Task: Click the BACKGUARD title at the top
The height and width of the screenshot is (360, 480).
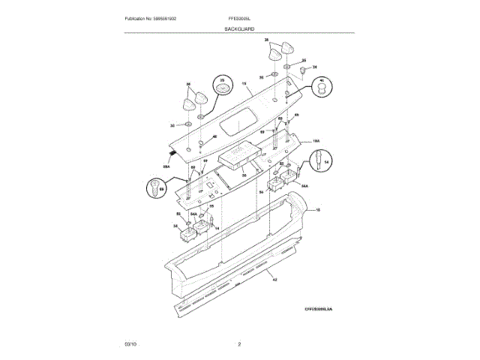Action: coord(239,28)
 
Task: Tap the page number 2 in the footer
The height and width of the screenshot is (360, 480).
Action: coord(239,343)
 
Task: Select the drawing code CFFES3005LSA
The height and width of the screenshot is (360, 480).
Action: coord(317,308)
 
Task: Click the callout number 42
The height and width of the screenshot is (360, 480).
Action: coord(274,279)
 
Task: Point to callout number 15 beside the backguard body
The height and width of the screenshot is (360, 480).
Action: coord(317,211)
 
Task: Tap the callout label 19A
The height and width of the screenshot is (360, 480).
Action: coord(316,139)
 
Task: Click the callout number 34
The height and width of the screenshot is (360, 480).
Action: coord(315,67)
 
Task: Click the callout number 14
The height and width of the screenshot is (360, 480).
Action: coord(217,228)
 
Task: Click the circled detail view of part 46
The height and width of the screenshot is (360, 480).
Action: coord(320,88)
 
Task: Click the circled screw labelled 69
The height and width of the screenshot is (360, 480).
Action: coord(155,187)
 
